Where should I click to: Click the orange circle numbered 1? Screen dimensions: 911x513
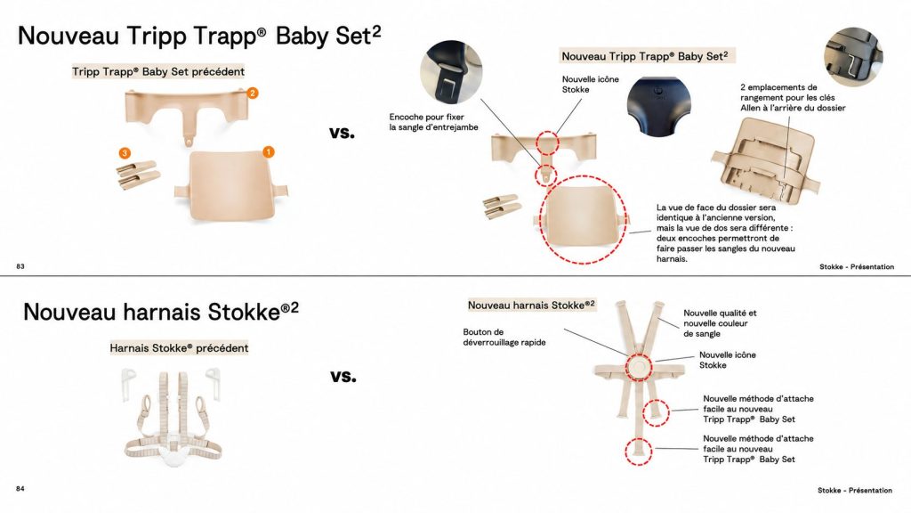pyautogui.click(x=269, y=151)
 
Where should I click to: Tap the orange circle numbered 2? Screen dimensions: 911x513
pyautogui.click(x=252, y=93)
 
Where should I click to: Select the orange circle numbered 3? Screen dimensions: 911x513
pyautogui.click(x=125, y=153)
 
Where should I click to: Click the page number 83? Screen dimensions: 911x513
pyautogui.click(x=20, y=266)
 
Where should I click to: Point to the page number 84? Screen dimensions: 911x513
pyautogui.click(x=20, y=489)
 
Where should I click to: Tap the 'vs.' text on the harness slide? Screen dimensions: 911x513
pyautogui.click(x=343, y=376)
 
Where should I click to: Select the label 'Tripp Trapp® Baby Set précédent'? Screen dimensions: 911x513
pyautogui.click(x=158, y=71)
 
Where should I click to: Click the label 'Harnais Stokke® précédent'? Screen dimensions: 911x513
pyautogui.click(x=179, y=348)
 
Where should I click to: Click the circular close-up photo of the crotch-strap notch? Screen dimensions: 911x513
pyautogui.click(x=451, y=71)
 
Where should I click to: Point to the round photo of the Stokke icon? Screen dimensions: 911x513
pyautogui.click(x=658, y=107)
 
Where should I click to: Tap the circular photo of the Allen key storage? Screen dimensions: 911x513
pyautogui.click(x=853, y=56)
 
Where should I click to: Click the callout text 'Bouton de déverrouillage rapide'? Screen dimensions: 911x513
pyautogui.click(x=504, y=338)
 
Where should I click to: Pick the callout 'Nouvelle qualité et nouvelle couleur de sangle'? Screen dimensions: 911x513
pyautogui.click(x=720, y=323)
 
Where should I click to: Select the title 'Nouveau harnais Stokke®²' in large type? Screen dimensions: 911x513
pyautogui.click(x=161, y=312)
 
